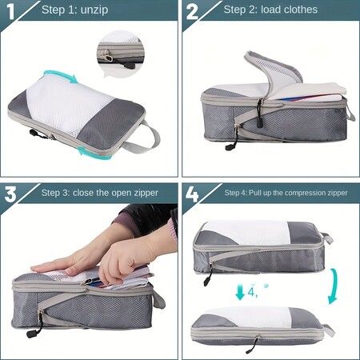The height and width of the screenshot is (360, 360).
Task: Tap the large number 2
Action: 194,12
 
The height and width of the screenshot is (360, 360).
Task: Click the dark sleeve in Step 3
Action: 148,220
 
